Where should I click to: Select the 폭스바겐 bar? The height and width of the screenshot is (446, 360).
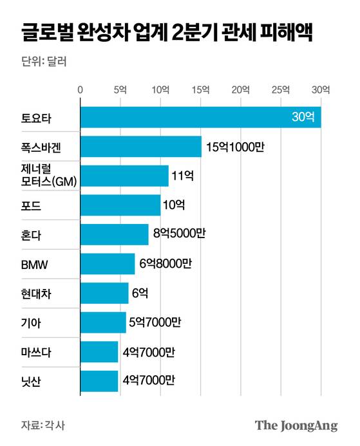point(140,147)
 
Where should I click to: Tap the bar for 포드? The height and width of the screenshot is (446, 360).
point(120,205)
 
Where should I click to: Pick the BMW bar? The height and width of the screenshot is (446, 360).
point(108,263)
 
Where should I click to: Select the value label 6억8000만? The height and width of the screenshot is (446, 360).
point(165,263)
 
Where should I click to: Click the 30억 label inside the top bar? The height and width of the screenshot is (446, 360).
point(303,117)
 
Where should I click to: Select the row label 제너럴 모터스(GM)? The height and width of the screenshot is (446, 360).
point(48,176)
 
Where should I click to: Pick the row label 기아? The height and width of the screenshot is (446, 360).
point(30,323)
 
